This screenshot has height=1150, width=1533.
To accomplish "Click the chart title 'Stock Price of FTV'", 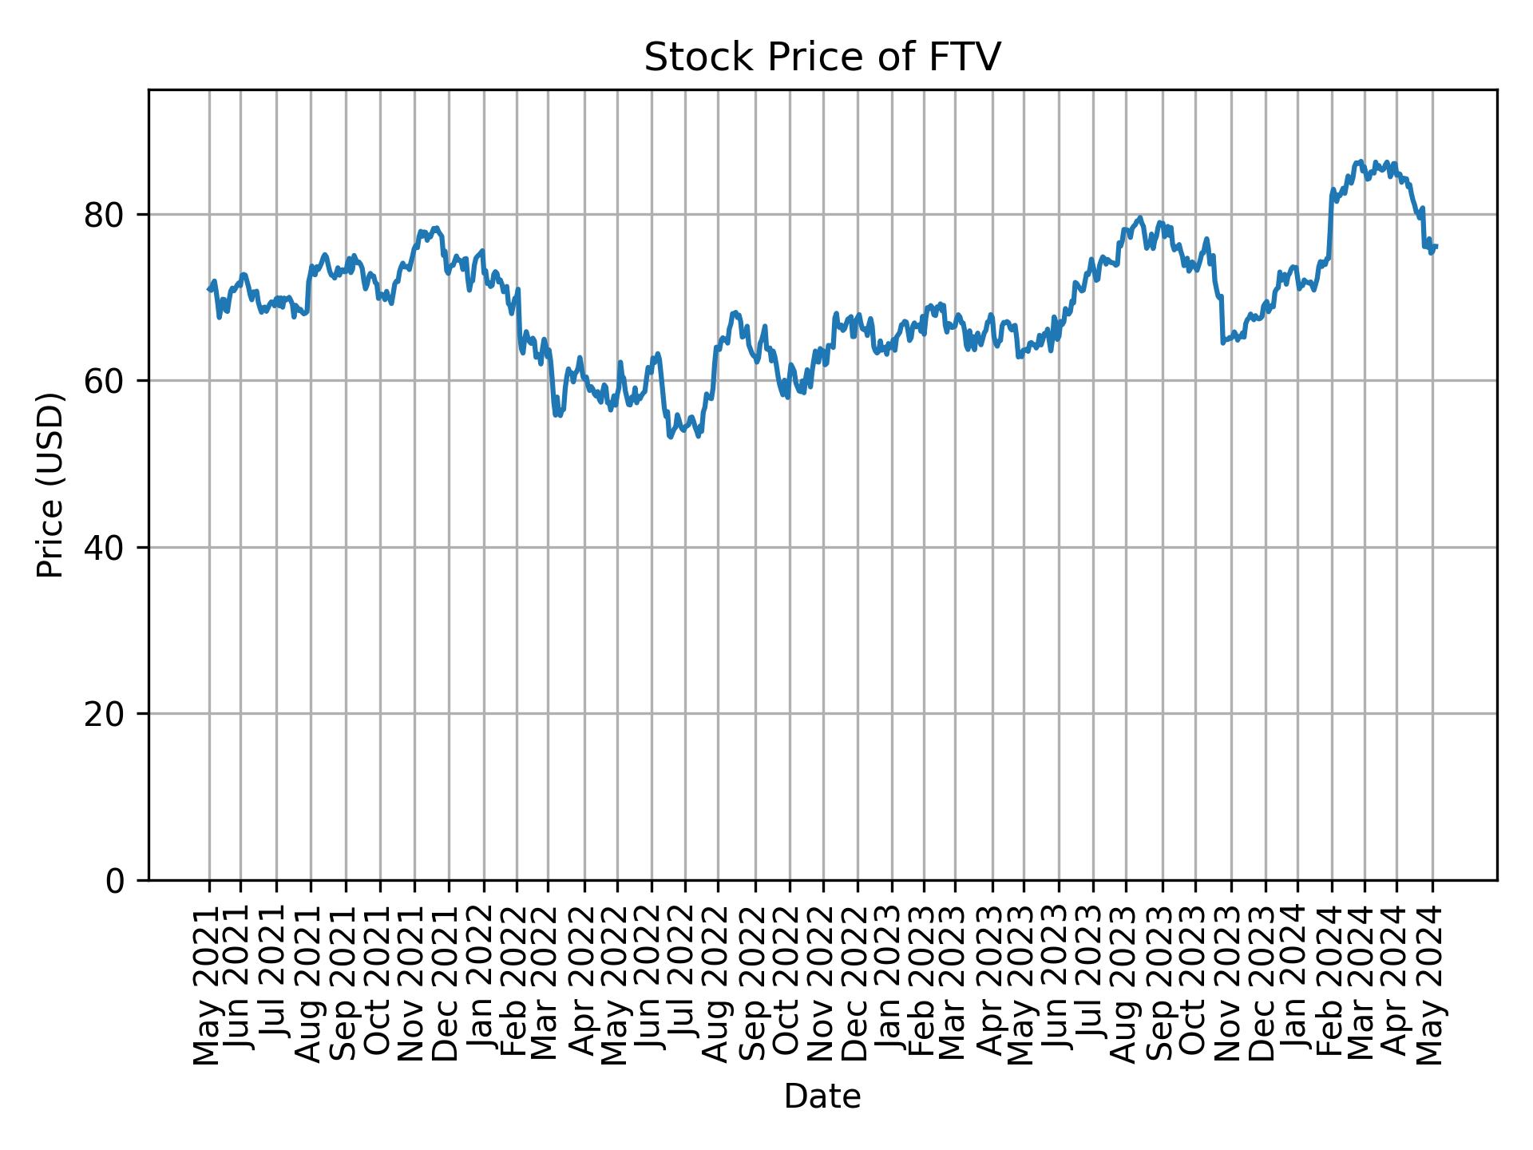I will point(822,58).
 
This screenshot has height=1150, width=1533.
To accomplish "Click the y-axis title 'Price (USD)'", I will point(50,485).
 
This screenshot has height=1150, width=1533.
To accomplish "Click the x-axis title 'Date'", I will point(822,1096).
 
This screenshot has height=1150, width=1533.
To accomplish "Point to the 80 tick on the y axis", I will point(105,216).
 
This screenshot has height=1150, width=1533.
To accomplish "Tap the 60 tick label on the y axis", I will point(105,382).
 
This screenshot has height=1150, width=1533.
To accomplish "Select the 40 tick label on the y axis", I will point(105,548).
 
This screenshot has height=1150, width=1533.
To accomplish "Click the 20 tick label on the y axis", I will point(105,714).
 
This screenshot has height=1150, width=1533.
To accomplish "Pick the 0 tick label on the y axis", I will point(117,880).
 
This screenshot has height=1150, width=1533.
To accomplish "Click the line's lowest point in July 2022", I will point(670,437).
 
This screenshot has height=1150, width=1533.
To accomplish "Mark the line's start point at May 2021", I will point(208,290).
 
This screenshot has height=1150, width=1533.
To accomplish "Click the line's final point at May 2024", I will point(1436,246).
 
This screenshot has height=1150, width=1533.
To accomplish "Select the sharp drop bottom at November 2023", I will point(1222,343).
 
